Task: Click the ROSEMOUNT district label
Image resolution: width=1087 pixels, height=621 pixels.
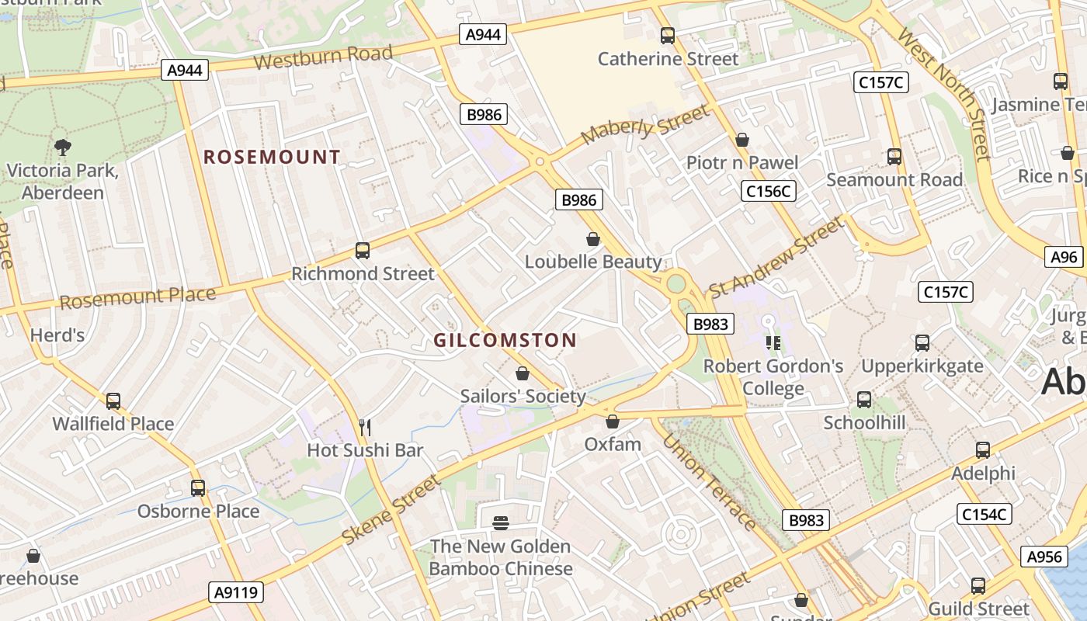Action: click(x=272, y=157)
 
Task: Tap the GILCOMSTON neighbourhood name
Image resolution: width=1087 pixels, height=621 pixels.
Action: click(x=505, y=340)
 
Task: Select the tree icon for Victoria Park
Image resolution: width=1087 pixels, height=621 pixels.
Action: click(x=63, y=147)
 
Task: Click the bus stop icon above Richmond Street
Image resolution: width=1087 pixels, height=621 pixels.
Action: click(x=363, y=251)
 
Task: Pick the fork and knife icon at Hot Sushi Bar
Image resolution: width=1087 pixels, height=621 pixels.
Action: click(x=365, y=427)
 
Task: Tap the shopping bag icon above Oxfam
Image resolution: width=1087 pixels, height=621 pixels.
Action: click(x=613, y=422)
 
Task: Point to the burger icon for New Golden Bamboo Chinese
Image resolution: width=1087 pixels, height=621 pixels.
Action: click(x=501, y=523)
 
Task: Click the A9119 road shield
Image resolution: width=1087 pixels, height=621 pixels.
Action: click(x=237, y=592)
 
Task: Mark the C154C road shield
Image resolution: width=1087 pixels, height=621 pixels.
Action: click(x=984, y=513)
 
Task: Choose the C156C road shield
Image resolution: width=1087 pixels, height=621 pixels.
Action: click(x=769, y=191)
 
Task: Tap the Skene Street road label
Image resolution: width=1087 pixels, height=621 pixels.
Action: click(x=391, y=508)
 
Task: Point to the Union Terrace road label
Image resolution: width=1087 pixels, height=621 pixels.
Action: click(x=708, y=481)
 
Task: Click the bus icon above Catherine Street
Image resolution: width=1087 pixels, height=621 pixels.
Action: click(x=667, y=35)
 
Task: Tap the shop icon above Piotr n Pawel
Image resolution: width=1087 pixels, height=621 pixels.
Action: click(x=742, y=140)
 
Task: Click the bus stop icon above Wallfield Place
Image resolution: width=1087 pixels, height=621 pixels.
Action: click(x=113, y=401)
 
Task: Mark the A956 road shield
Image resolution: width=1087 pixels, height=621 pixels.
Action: click(x=1044, y=556)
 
